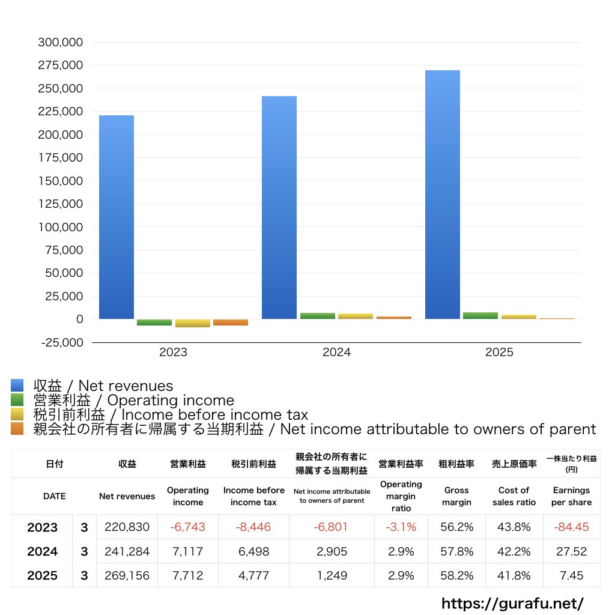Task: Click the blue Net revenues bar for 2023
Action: [x=117, y=216]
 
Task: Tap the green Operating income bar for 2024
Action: [x=318, y=316]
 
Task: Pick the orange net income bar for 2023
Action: [x=231, y=323]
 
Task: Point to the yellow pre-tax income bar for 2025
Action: [x=519, y=317]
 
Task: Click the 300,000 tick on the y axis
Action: [x=60, y=43]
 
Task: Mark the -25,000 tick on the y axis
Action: [x=60, y=342]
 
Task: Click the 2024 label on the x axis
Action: [x=336, y=353]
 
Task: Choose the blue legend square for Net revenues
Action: [x=17, y=386]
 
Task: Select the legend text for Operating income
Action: [x=133, y=400]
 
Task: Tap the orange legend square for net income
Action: [x=17, y=429]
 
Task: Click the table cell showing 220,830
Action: [x=127, y=527]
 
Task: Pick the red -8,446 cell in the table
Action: [x=253, y=527]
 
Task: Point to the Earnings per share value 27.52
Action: [x=571, y=551]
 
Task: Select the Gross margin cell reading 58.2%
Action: [x=456, y=575]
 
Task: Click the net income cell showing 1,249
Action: [x=332, y=575]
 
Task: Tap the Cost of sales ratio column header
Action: [x=514, y=496]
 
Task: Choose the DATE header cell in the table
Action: [x=54, y=496]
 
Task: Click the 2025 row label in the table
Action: [x=42, y=575]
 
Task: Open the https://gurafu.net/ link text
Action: [x=513, y=603]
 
